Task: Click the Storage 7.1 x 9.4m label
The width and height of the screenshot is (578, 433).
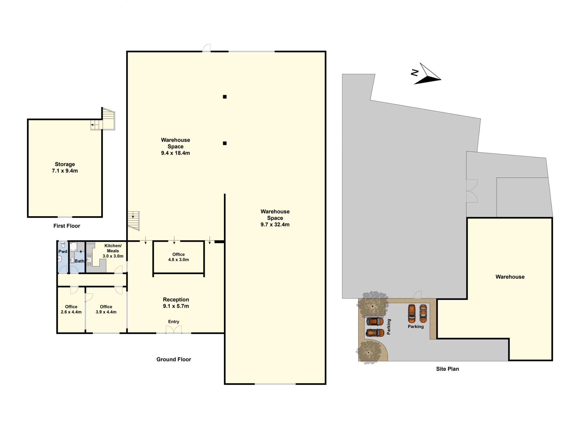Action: point(65,167)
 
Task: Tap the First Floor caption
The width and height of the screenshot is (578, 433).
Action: point(67,226)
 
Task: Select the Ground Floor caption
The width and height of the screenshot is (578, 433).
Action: point(174,359)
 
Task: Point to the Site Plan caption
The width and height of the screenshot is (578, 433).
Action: point(447,369)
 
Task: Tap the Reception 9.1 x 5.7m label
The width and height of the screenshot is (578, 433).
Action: point(176,303)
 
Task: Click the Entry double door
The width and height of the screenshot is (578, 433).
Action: point(174,329)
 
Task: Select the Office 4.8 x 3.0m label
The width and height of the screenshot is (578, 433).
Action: point(179,257)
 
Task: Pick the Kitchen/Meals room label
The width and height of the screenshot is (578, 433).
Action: point(113,251)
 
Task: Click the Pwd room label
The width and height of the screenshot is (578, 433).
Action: point(63,251)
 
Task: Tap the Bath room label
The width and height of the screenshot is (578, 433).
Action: point(79,261)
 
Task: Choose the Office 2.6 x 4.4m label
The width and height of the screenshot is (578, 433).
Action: point(71,309)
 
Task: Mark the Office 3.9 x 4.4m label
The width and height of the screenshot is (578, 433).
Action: point(106,309)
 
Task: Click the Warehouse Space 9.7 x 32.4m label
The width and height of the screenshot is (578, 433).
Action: point(275,218)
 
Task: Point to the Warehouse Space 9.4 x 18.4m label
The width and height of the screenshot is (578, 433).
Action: point(176,146)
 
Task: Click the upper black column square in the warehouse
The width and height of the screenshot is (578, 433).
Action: point(225,97)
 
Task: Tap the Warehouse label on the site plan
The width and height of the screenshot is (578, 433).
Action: point(510,277)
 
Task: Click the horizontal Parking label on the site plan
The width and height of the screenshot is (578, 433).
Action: point(416,327)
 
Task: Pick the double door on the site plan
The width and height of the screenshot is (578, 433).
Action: point(472,191)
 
